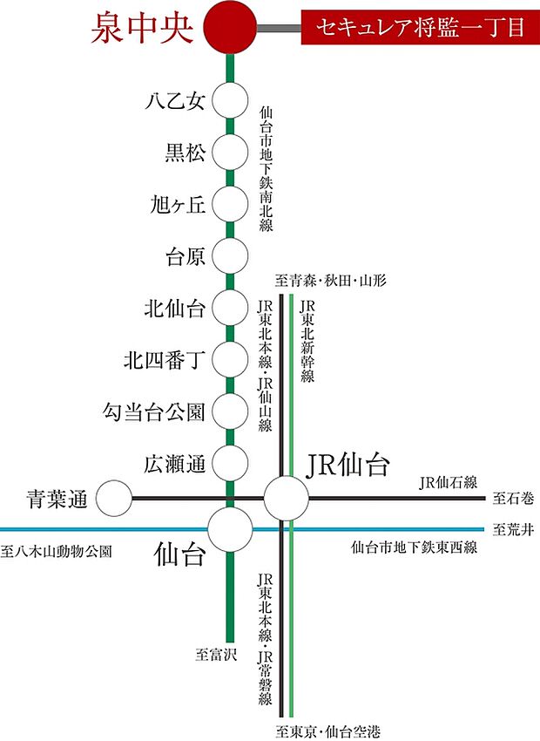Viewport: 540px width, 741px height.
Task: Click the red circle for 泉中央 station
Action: [x=230, y=28]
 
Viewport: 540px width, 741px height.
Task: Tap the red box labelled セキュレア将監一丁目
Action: [x=420, y=28]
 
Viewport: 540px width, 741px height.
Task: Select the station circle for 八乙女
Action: [x=230, y=102]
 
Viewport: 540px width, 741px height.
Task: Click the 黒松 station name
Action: [x=185, y=153]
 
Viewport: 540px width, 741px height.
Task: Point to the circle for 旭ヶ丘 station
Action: [x=230, y=205]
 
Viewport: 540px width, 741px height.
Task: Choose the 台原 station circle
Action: [x=230, y=256]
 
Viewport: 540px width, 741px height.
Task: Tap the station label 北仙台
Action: [x=174, y=308]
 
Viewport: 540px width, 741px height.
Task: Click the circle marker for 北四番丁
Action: [x=230, y=358]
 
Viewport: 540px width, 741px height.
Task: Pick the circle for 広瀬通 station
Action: [x=230, y=461]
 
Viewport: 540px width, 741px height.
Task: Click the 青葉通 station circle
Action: [x=113, y=500]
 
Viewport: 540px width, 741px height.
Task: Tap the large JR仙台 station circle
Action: [x=287, y=499]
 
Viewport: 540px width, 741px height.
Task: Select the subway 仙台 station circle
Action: [x=230, y=528]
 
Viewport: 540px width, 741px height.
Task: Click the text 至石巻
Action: [x=515, y=500]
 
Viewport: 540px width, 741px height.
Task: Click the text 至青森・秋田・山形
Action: [x=330, y=281]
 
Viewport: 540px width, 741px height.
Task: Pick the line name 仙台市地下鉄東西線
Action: [x=415, y=548]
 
